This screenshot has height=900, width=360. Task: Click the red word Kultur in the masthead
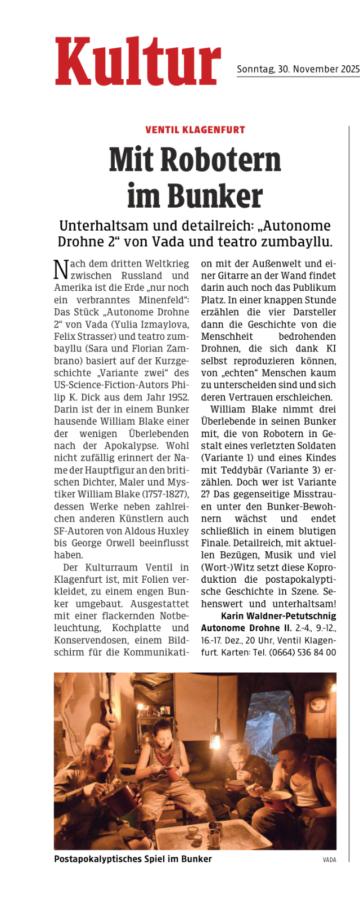coord(138,62)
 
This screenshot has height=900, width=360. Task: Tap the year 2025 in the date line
coord(350,69)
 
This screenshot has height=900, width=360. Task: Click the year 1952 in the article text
coord(178,397)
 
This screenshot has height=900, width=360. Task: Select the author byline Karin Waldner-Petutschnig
coord(278,616)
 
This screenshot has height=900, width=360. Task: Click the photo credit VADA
coord(329,859)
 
